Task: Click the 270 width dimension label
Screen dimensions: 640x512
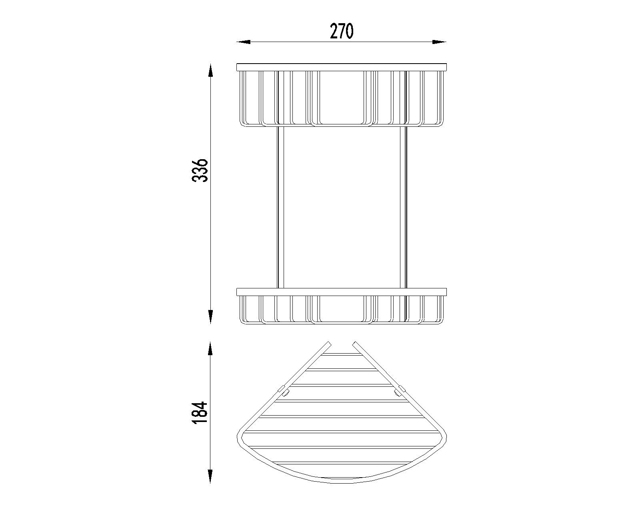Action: tap(342, 32)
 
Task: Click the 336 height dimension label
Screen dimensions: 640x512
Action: tap(200, 171)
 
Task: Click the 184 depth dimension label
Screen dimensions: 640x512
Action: tap(200, 413)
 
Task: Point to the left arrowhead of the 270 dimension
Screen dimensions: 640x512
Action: tap(244, 42)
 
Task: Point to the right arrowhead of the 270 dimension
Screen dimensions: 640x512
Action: tap(439, 42)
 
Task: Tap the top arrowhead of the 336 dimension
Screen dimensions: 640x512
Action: tap(210, 70)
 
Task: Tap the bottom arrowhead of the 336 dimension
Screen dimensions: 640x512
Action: tap(210, 317)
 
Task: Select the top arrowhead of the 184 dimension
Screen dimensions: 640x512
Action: tap(210, 348)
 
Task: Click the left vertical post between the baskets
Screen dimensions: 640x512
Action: tap(280, 207)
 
